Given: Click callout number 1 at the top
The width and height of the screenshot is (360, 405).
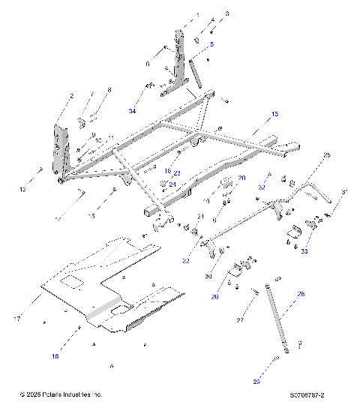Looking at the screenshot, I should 198,15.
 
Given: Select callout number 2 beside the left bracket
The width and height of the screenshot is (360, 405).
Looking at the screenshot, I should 72,96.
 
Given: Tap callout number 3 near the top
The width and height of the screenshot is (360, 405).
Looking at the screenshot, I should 227,13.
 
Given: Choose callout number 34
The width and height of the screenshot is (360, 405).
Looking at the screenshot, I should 132,111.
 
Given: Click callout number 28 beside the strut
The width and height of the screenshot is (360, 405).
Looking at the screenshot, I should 301,295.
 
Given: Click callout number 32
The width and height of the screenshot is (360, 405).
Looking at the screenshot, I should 262,186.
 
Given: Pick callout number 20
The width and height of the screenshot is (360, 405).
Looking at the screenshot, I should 241,178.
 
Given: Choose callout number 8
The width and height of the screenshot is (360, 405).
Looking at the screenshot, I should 108,90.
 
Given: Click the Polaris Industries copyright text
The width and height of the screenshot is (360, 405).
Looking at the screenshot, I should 61,394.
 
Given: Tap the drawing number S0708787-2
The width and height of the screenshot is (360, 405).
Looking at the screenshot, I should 312,394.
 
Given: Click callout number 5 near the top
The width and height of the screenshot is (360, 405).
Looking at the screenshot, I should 211,44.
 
